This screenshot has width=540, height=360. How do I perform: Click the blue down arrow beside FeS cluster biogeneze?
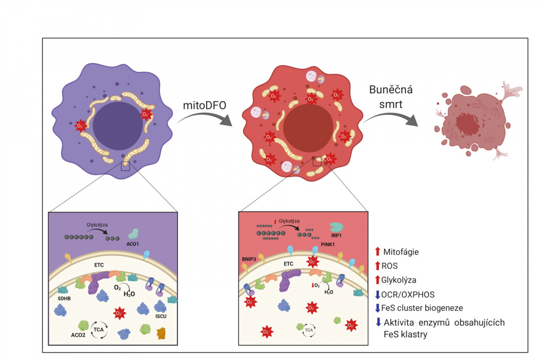click(x=378, y=308)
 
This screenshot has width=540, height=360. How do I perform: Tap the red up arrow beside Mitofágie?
click(x=378, y=252)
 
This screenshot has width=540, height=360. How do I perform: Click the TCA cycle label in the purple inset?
click(x=99, y=330)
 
